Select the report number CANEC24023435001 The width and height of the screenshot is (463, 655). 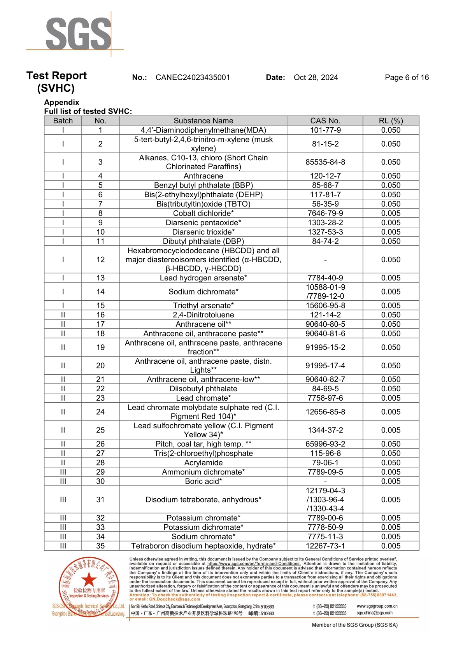193,77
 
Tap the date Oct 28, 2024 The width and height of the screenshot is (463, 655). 316,77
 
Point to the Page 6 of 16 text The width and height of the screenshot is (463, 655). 407,77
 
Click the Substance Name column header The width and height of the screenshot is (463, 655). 203,121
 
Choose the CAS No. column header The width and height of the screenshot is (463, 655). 325,121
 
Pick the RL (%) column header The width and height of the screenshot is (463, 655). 391,121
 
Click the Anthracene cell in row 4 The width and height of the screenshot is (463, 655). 203,176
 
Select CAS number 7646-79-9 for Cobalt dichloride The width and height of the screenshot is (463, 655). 325,213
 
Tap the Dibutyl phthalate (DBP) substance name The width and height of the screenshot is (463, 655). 203,241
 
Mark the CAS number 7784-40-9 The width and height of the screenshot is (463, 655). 325,278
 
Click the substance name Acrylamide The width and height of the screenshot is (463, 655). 203,462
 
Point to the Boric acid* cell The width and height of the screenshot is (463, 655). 203,481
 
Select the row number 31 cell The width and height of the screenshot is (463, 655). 100,499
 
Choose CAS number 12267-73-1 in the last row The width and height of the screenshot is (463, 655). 325,546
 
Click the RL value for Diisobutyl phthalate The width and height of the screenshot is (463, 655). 391,389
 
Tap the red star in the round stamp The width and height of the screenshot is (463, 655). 89,580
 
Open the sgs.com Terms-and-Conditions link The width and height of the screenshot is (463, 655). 254,564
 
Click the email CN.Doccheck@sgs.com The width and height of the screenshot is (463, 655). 175,599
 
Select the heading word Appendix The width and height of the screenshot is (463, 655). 61,102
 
